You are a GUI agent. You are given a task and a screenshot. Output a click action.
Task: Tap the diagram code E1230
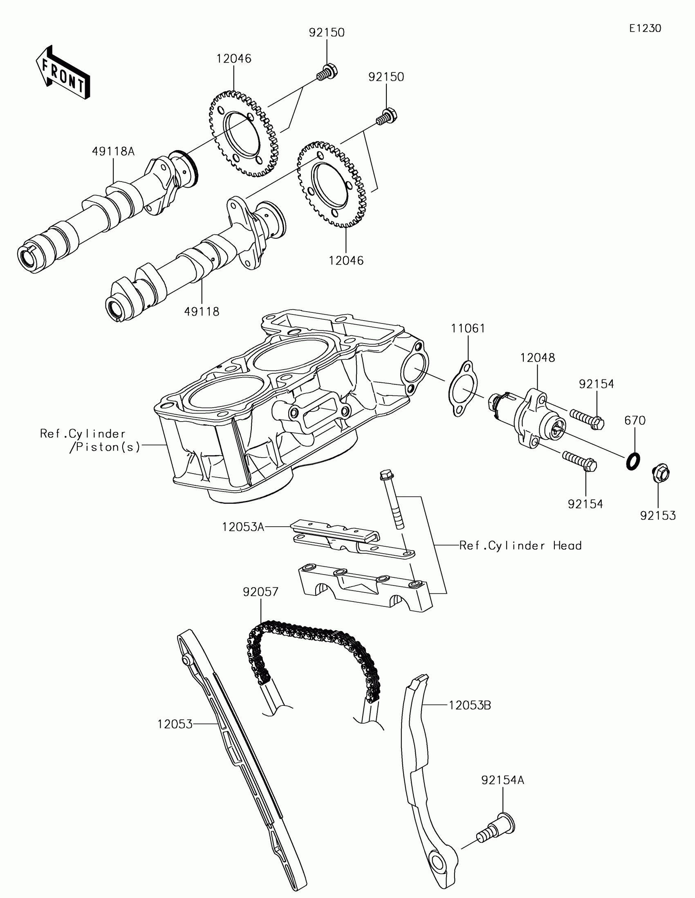click(645, 28)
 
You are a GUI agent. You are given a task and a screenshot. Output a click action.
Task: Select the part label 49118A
click(113, 151)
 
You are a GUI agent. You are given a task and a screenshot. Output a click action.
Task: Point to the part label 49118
click(202, 311)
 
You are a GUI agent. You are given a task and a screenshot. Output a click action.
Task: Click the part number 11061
click(468, 328)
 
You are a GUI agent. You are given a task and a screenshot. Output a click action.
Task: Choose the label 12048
click(537, 358)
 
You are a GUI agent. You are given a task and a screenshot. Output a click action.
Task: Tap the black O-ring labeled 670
click(632, 461)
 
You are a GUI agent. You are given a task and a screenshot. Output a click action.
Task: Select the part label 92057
click(260, 592)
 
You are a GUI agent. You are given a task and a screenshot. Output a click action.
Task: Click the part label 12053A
click(243, 527)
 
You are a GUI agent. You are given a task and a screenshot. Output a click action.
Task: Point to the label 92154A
click(503, 780)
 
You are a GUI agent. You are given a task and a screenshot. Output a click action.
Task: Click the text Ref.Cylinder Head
click(520, 546)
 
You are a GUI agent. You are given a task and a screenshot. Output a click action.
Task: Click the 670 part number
click(634, 420)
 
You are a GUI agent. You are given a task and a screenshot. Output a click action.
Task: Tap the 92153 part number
click(658, 515)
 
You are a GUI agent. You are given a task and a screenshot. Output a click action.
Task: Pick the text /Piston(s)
click(105, 447)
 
